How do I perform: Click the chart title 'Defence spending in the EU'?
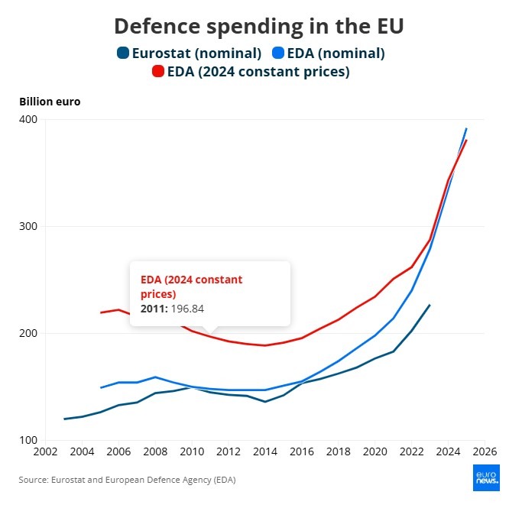(x=259, y=26)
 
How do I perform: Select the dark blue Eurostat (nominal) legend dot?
(x=123, y=53)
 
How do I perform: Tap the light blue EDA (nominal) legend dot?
(x=278, y=53)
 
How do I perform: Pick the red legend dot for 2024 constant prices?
(x=157, y=71)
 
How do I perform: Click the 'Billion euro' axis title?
(x=50, y=102)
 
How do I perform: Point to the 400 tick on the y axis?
(x=28, y=119)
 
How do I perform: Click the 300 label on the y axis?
(x=28, y=226)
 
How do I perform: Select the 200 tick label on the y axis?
(x=28, y=333)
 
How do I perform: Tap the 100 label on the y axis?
(x=28, y=440)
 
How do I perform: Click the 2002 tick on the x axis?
(x=45, y=451)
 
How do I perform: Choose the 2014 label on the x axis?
(x=265, y=451)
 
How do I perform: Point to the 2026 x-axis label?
(x=485, y=451)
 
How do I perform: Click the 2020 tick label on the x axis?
(x=374, y=451)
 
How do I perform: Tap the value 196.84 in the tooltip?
(x=187, y=309)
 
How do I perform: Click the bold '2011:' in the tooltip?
(x=154, y=309)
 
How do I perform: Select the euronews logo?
(x=486, y=477)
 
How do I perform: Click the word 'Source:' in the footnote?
(x=34, y=480)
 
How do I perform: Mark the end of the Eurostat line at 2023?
(x=430, y=305)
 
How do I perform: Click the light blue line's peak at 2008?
(x=155, y=377)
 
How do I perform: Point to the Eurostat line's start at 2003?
(x=64, y=419)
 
